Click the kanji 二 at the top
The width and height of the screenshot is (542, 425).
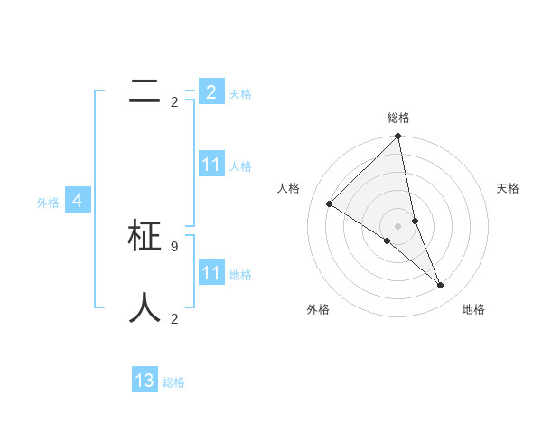145,91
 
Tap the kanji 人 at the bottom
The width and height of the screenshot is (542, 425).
145,307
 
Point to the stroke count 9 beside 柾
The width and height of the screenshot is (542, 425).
174,245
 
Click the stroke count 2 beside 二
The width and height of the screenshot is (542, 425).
174,101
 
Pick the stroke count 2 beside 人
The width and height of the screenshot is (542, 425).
174,318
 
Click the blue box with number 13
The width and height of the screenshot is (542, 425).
145,381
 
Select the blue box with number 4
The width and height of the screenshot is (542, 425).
78,201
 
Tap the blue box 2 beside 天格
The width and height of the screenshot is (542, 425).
211,92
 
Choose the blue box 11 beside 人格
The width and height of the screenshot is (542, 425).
211,165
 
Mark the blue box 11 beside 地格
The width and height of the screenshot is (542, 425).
211,273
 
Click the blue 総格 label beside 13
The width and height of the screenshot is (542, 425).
173,382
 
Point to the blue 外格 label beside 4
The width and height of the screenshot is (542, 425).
48,203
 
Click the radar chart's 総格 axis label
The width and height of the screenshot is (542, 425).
398,118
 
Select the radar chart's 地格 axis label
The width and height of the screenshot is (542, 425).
473,309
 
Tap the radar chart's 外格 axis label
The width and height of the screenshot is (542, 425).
318,309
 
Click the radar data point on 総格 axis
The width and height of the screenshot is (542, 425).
398,137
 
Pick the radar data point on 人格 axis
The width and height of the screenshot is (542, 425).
330,203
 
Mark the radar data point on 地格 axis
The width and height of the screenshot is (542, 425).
441,285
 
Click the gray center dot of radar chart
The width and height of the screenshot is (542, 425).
397,225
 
